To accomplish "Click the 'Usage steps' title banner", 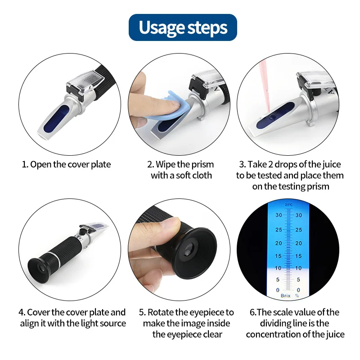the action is (x=183, y=27).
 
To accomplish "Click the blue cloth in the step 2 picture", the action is (x=168, y=108).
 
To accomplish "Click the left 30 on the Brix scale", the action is (x=279, y=215).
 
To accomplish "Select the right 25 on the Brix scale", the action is (x=299, y=229).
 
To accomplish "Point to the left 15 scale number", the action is (x=278, y=256).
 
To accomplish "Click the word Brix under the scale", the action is (x=286, y=296).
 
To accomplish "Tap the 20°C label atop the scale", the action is (x=289, y=205).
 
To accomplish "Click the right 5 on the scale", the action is (x=298, y=279).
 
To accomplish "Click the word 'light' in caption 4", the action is (x=90, y=324).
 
